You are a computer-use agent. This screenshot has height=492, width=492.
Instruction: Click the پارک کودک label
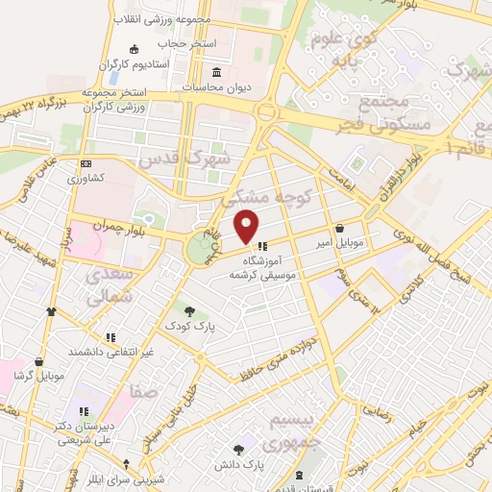[188, 327]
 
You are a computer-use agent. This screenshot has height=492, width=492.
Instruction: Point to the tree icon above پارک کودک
[189, 310]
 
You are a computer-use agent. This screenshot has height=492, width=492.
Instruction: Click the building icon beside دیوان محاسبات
[215, 72]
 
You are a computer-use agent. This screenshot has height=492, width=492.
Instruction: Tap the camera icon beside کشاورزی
[86, 165]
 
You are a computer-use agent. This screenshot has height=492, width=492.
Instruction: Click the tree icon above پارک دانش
[239, 449]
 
